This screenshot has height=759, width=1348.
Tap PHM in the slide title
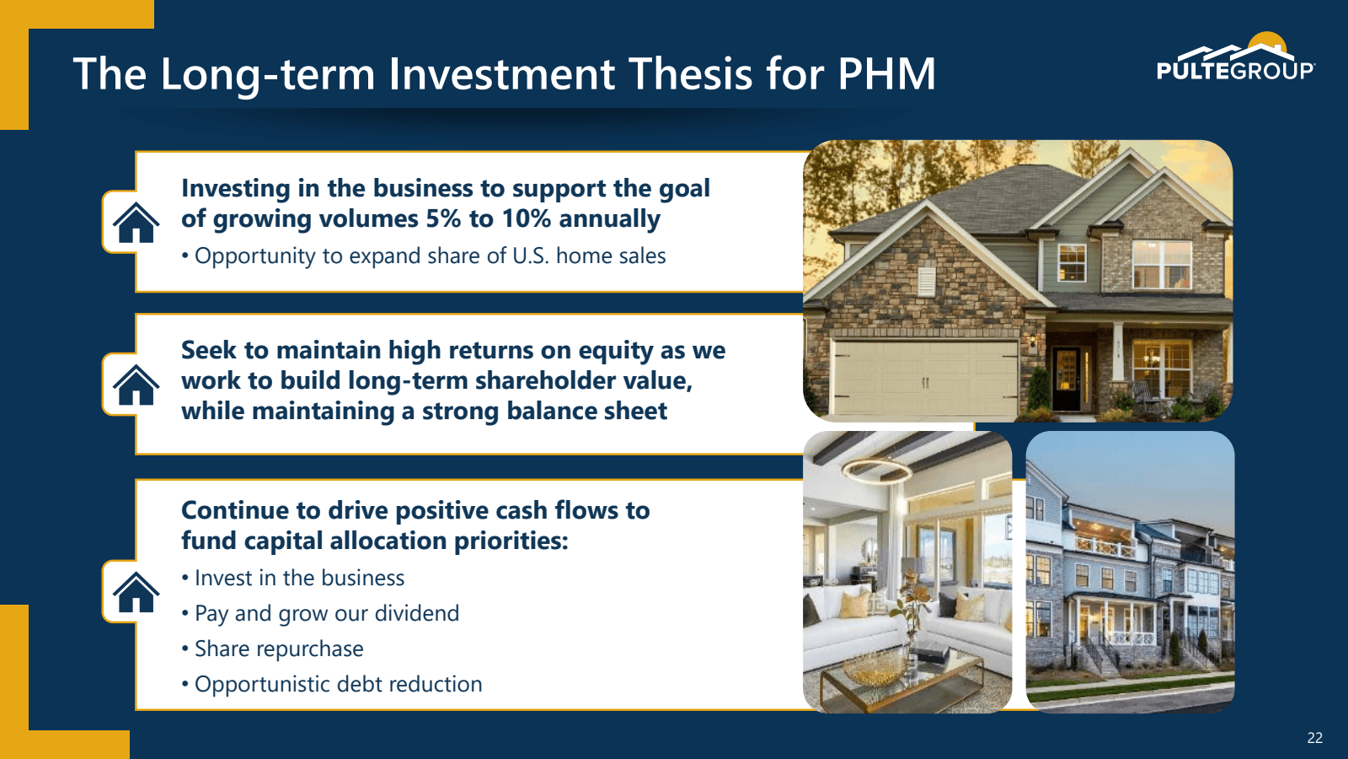click(886, 74)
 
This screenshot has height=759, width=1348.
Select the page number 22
click(1314, 738)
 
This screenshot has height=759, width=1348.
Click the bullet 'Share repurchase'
click(279, 649)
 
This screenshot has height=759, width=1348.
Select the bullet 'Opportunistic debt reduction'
click(338, 684)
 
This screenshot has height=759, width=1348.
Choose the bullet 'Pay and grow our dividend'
click(327, 613)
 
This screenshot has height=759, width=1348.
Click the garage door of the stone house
click(925, 379)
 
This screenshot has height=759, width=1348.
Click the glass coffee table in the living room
click(893, 679)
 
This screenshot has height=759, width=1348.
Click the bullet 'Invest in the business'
click(299, 578)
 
